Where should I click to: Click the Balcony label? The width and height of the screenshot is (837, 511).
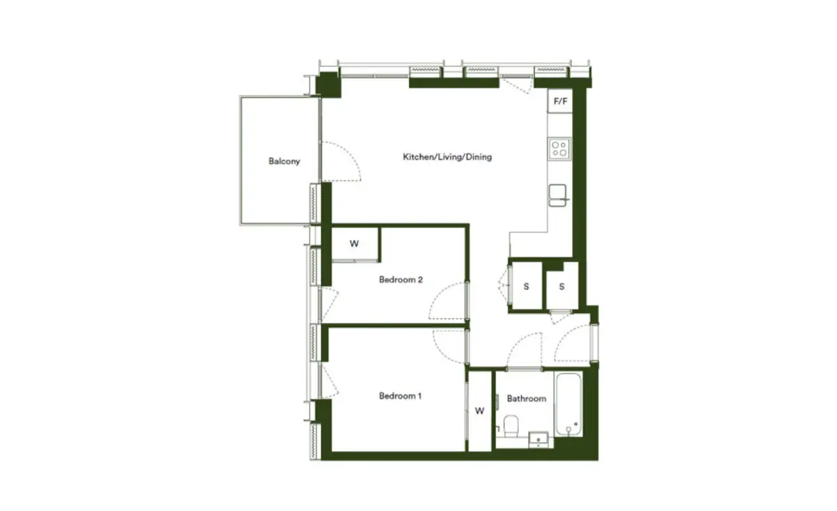coord(284,161)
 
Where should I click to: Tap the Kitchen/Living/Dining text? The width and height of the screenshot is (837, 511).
coord(447,157)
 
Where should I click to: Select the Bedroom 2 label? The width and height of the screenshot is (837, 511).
coord(400,280)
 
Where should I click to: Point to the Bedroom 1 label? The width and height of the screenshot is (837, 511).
coord(400,396)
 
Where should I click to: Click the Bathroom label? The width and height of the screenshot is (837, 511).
coord(527,399)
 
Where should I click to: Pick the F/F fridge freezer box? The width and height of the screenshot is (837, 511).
coord(560,101)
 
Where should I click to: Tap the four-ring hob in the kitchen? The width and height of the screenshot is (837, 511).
coord(559,148)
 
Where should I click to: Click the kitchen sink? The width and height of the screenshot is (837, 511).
coord(558,195)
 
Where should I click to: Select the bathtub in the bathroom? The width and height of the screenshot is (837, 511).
coord(568,404)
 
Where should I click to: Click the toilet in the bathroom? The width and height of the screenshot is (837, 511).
coord(511,426)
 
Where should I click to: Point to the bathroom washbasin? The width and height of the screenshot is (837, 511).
coord(538,440)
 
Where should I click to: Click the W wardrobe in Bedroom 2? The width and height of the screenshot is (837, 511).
coord(354,243)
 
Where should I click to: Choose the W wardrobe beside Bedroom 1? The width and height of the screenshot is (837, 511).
coord(480,411)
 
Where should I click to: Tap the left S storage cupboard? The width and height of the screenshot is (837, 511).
coord(527,286)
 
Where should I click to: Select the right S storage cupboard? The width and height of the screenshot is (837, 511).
coord(562,286)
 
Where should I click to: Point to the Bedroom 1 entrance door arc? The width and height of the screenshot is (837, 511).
coord(439,349)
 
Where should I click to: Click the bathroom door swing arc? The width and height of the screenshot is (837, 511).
coord(516,344)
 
